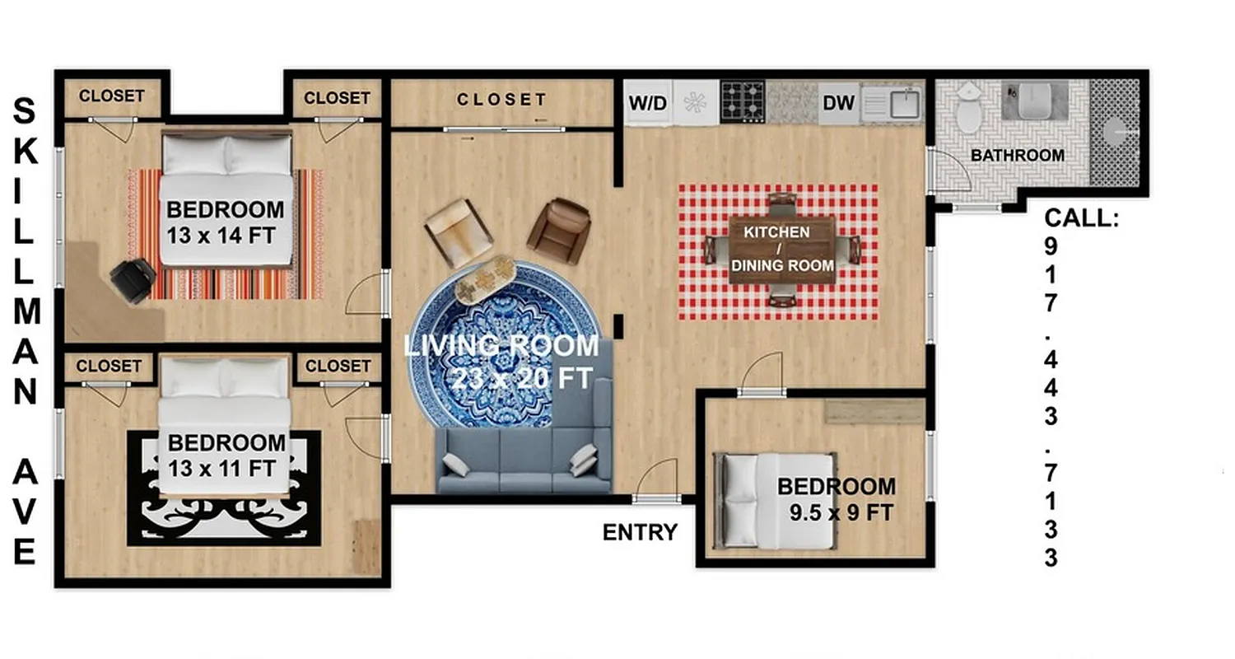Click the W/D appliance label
[648, 104]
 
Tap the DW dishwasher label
[839, 104]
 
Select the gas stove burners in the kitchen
[743, 101]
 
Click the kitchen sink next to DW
[906, 103]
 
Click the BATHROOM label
[1017, 155]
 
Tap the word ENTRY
[640, 532]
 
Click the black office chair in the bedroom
[132, 279]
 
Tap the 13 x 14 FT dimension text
[221, 236]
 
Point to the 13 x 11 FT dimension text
[221, 469]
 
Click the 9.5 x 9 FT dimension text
[841, 512]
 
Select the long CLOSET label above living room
[501, 100]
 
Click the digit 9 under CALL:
[1051, 246]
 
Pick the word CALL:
[1082, 218]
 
